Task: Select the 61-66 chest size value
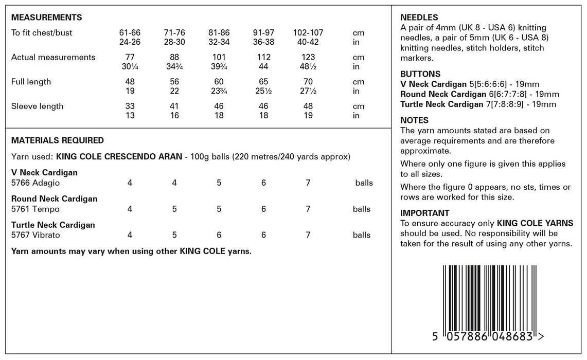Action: [130, 33]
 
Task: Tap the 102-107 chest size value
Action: [308, 33]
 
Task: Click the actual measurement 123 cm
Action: [308, 58]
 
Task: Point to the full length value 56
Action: [174, 82]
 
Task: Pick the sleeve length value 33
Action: [130, 106]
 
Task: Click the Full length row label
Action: [31, 82]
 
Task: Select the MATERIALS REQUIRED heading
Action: [58, 140]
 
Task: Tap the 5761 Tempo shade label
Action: [35, 209]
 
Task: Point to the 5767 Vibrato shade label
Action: [35, 236]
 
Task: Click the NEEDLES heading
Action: [419, 17]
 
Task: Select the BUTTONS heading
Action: [420, 74]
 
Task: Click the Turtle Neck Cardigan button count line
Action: [478, 104]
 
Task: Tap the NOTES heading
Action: [414, 120]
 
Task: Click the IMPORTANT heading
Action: [425, 213]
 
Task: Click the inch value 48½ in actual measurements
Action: [308, 67]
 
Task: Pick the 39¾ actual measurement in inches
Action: [219, 67]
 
